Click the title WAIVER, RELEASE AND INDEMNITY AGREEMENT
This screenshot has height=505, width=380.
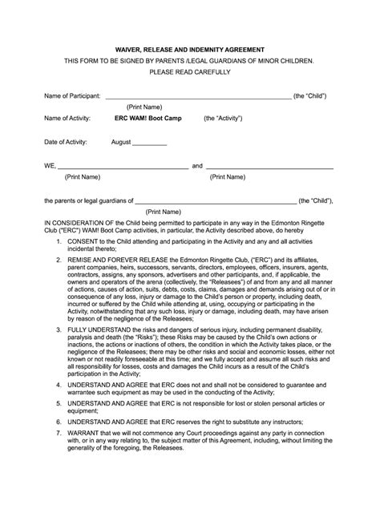click(189, 48)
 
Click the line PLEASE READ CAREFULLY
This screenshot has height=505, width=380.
click(189, 72)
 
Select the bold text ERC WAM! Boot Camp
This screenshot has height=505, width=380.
click(150, 118)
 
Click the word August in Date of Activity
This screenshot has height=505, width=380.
click(121, 142)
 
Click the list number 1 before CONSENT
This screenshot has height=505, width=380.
click(58, 240)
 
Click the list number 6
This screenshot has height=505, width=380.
click(58, 420)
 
